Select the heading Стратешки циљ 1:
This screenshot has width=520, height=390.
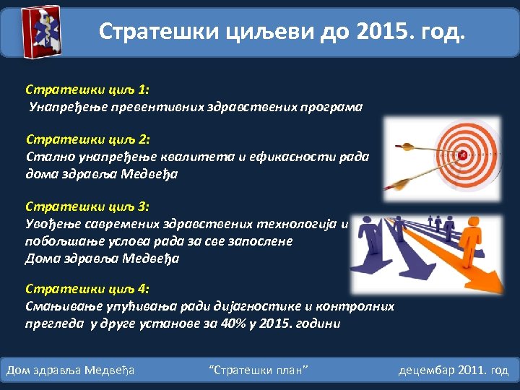87,90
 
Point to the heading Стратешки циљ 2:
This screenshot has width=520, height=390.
87,139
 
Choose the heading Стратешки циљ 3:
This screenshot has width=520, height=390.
87,207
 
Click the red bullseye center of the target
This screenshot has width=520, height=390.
462,155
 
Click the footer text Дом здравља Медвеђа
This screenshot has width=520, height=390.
71,370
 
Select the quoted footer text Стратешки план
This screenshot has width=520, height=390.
258,370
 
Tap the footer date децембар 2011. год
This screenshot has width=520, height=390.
454,370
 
